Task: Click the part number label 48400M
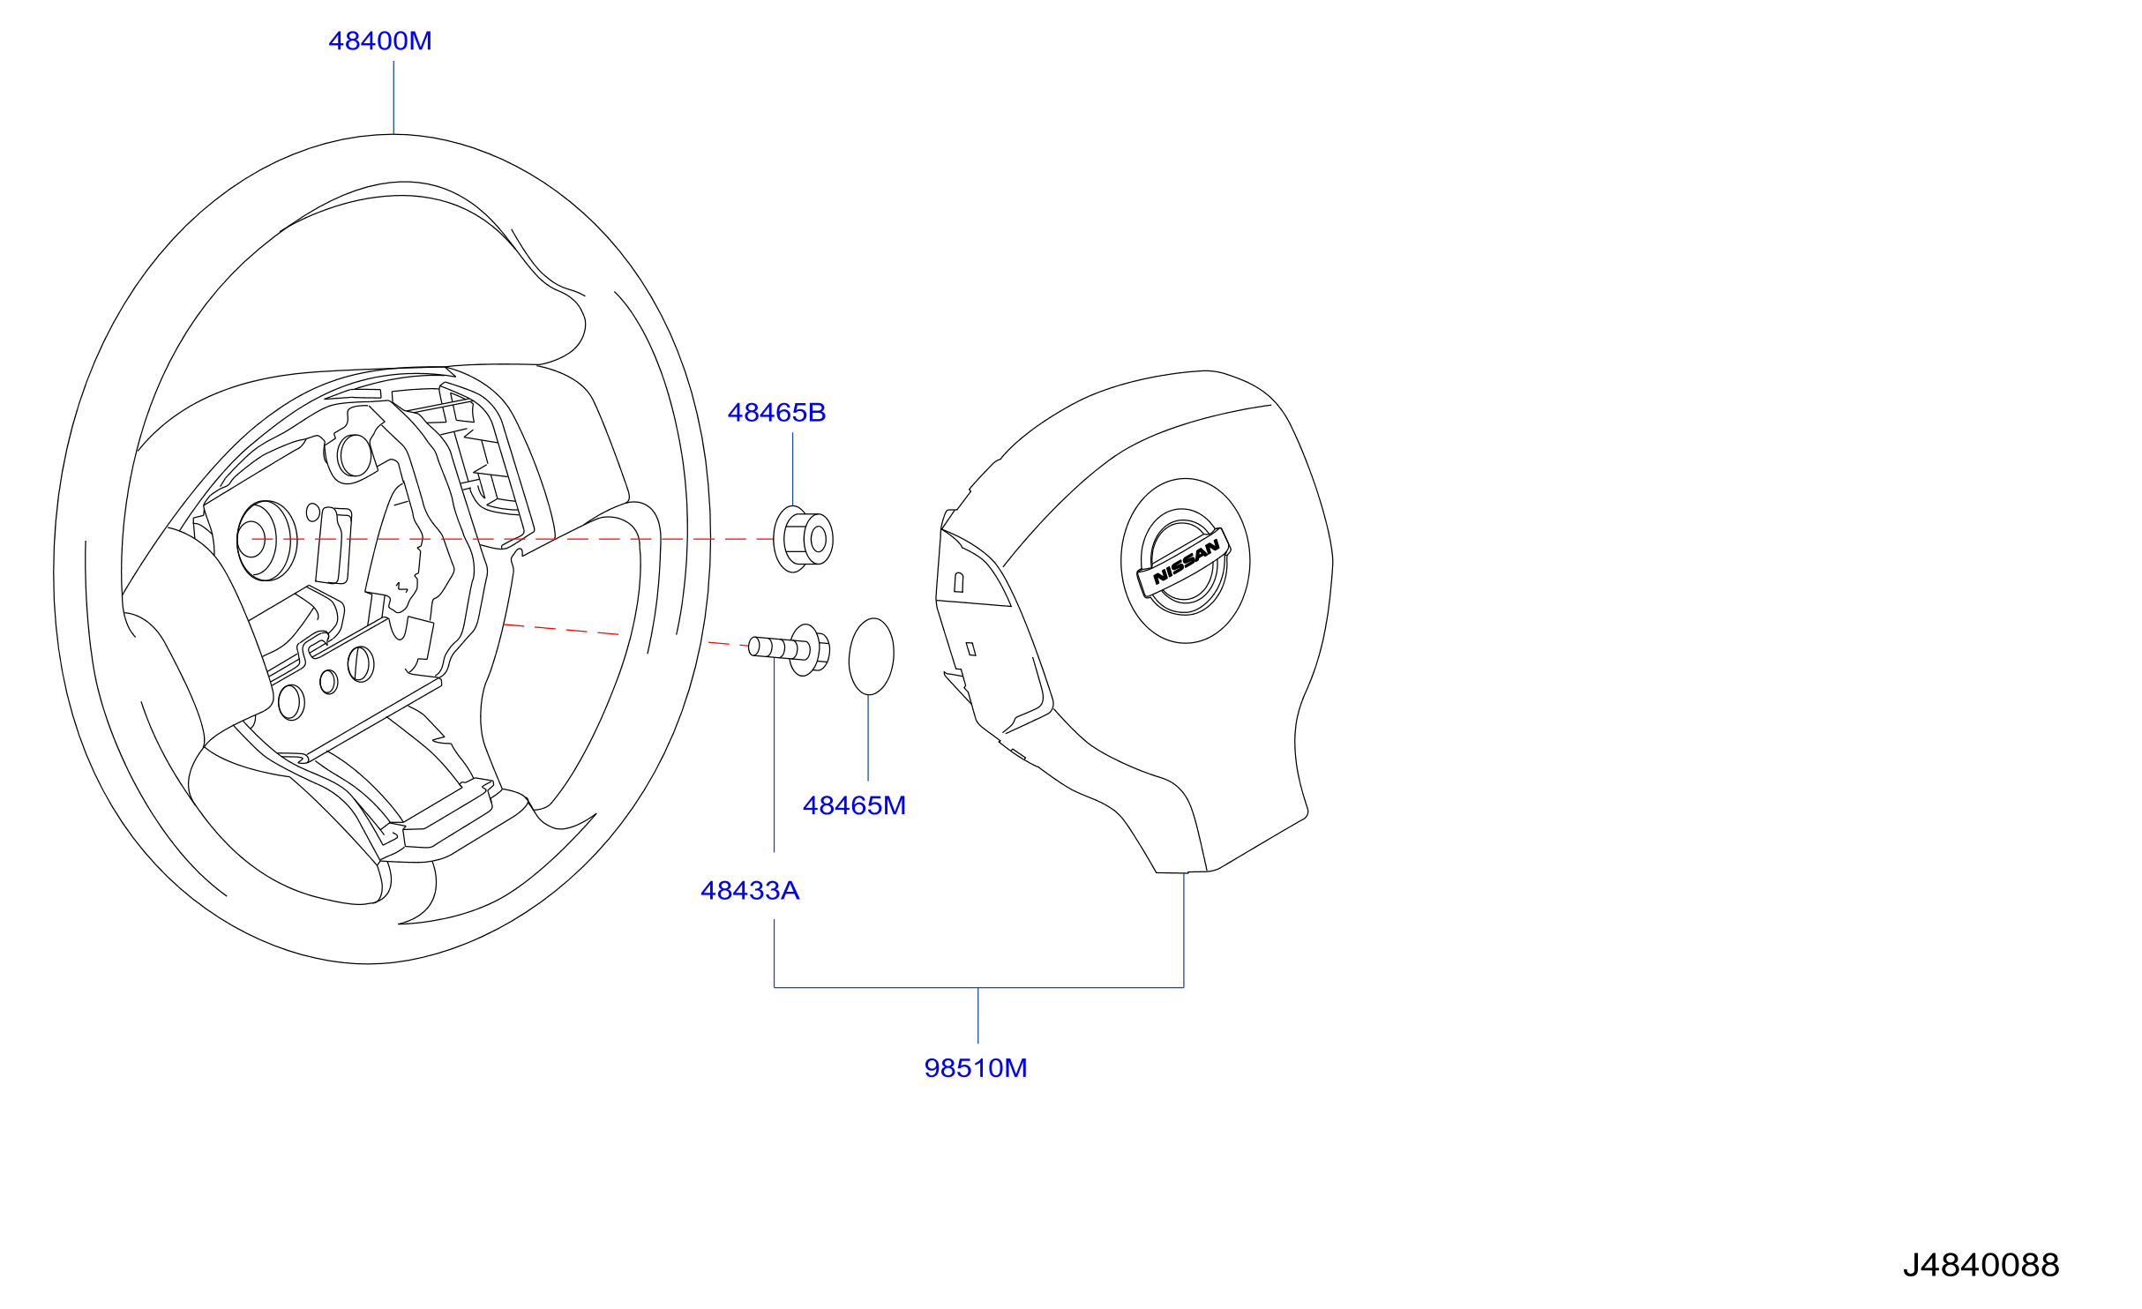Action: pos(380,41)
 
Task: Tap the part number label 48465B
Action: pos(776,413)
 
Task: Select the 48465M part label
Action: pos(854,805)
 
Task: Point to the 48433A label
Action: pos(750,891)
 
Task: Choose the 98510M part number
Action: pos(976,1068)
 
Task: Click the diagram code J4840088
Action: pos(1981,1265)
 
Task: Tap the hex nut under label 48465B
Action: pos(803,539)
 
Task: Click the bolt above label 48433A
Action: pos(790,649)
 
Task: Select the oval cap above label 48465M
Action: pos(871,656)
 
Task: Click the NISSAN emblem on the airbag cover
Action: pos(1184,562)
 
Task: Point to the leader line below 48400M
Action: pos(393,97)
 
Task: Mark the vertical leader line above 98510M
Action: pos(977,1015)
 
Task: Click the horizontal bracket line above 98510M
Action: pos(978,987)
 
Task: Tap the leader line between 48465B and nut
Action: pos(792,469)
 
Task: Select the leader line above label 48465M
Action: pos(868,737)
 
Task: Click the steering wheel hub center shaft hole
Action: pos(252,540)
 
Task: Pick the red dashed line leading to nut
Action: pos(512,539)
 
